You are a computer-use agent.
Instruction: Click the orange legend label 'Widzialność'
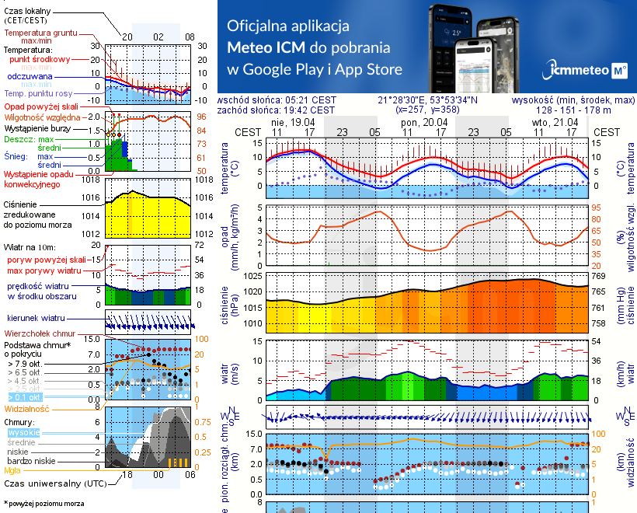(x=27, y=408)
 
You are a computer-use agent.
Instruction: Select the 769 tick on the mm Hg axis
(x=599, y=277)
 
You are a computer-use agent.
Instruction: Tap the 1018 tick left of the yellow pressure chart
(x=92, y=180)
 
